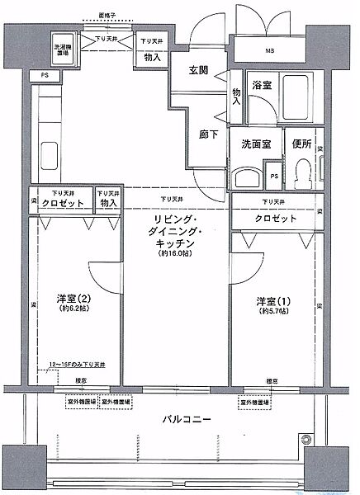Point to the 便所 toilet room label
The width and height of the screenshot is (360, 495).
coord(301,142)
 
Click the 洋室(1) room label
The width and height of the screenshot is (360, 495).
coord(272,301)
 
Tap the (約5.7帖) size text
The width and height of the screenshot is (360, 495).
coord(272,312)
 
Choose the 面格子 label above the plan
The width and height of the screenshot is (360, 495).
coord(107,15)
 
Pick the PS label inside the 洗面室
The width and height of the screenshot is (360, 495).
coord(273,175)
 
